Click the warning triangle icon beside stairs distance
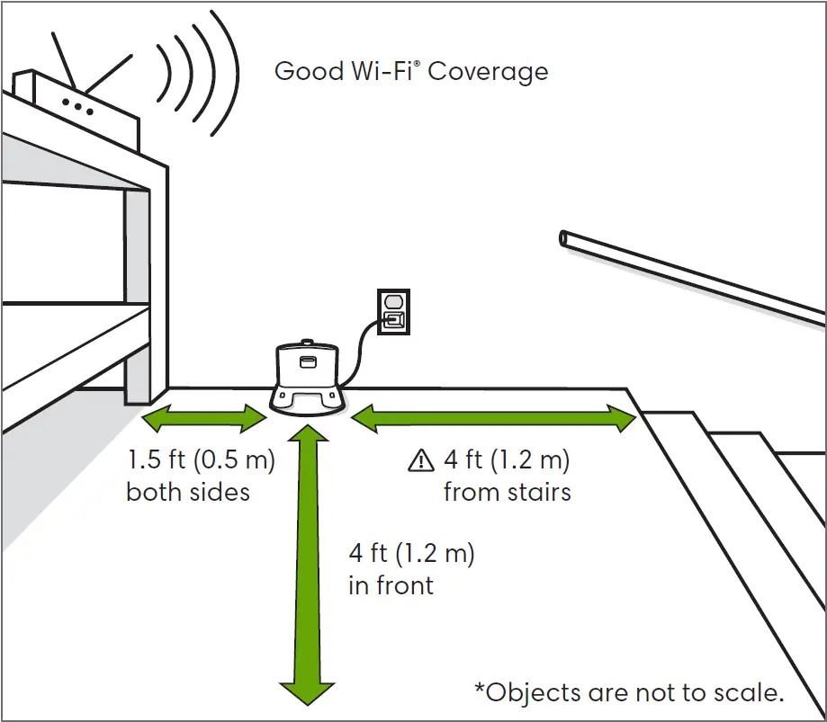click(x=420, y=462)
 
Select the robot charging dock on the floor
click(x=308, y=379)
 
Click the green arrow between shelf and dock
click(x=204, y=416)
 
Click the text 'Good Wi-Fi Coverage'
click(x=411, y=71)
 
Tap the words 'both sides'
click(x=188, y=492)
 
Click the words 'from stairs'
click(x=507, y=492)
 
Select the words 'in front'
click(x=391, y=585)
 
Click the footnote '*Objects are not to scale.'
click(x=629, y=692)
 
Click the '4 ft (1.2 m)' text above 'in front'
click(x=411, y=553)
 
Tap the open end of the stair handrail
click(x=564, y=238)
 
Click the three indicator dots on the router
click(x=77, y=104)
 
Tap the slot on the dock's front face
click(x=308, y=362)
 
